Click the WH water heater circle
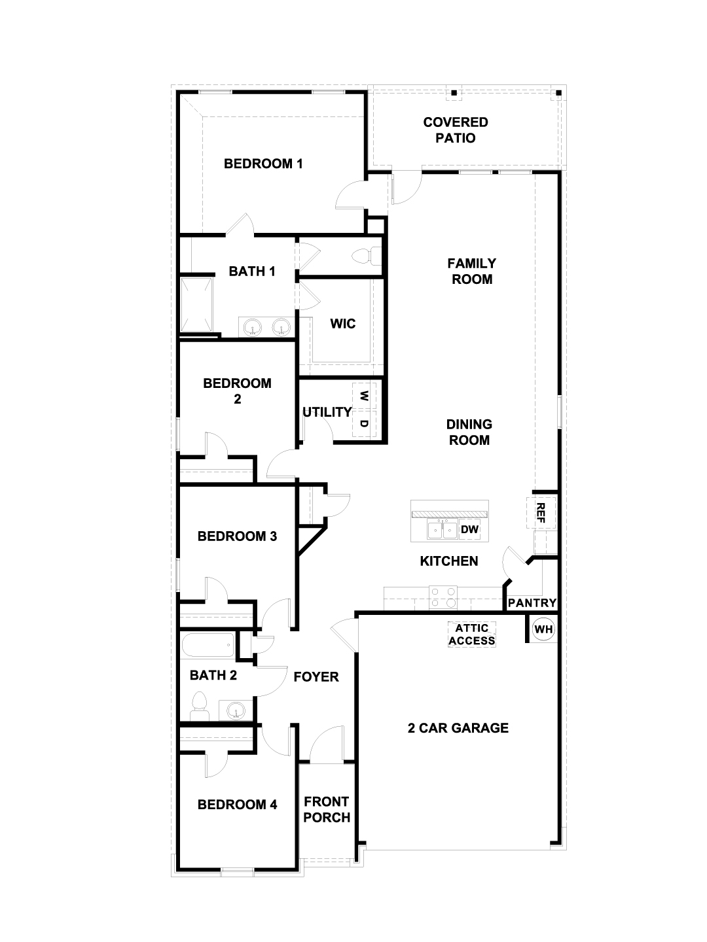click(543, 629)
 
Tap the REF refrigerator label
click(541, 513)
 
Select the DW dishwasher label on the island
click(469, 529)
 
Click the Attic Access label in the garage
click(472, 635)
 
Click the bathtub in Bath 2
click(208, 644)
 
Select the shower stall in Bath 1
click(196, 305)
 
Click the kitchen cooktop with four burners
click(443, 597)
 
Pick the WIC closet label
click(342, 324)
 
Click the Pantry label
click(532, 603)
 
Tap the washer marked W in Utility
click(364, 396)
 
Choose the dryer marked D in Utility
click(364, 424)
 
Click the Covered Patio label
click(456, 130)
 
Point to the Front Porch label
click(327, 809)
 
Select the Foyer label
click(316, 677)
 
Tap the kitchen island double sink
click(442, 530)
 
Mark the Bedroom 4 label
click(238, 805)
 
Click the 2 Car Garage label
click(458, 728)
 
